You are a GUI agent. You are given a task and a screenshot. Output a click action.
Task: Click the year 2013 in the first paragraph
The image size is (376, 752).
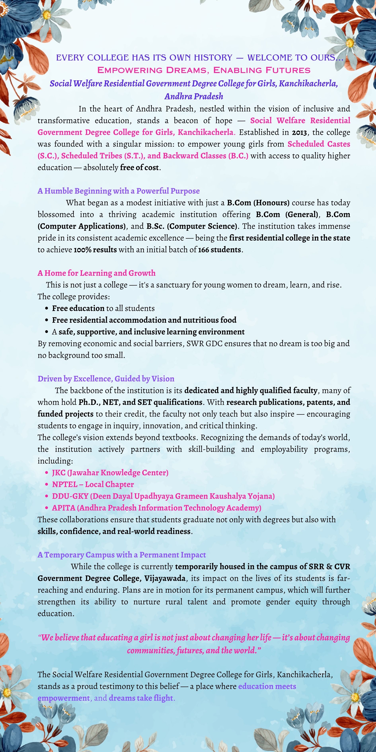click(x=299, y=132)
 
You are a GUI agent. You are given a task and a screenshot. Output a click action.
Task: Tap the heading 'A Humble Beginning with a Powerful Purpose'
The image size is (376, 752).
click(x=119, y=191)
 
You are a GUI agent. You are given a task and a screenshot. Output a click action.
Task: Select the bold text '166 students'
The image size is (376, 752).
click(x=219, y=250)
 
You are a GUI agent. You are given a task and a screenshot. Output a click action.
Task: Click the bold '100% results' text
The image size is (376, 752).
click(x=95, y=250)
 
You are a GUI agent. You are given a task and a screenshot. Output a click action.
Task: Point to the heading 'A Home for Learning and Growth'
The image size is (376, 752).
click(x=96, y=273)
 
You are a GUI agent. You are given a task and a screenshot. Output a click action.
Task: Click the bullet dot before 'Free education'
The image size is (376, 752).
click(x=47, y=309)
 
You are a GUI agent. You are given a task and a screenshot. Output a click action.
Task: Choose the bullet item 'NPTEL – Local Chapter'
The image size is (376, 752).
click(x=93, y=484)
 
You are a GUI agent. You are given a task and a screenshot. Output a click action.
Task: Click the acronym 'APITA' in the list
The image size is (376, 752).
click(x=64, y=508)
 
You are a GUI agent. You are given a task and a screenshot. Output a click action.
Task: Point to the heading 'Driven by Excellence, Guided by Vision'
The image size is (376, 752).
click(x=106, y=379)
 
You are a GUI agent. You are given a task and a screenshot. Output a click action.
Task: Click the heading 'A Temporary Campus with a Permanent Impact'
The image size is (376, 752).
click(x=121, y=555)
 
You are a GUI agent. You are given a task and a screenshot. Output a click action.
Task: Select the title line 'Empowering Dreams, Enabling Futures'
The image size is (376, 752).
click(x=204, y=70)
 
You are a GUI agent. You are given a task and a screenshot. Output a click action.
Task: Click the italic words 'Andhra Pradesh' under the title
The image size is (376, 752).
click(x=194, y=96)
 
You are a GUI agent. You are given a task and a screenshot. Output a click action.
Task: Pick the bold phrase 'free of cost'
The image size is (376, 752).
click(x=139, y=168)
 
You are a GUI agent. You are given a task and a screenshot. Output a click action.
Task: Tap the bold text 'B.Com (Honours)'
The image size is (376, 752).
click(x=258, y=203)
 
